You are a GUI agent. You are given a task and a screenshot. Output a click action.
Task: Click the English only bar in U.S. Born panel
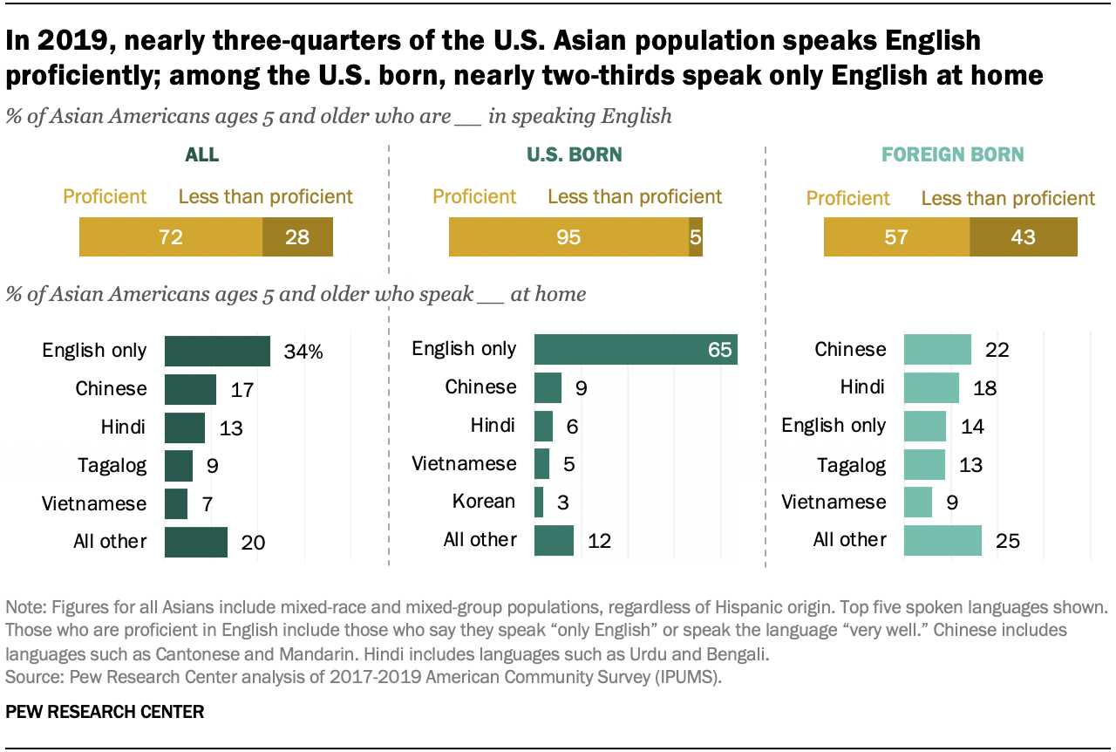click(636, 350)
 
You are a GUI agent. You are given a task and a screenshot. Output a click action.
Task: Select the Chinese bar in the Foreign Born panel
click(937, 350)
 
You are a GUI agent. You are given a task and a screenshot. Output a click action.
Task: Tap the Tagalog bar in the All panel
click(178, 466)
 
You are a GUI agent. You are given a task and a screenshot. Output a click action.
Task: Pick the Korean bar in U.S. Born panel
click(539, 502)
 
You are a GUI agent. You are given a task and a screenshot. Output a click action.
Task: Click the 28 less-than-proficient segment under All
click(297, 237)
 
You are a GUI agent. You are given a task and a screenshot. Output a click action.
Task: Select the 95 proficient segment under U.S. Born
click(568, 237)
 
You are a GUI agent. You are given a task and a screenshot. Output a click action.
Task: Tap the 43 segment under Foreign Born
click(1024, 237)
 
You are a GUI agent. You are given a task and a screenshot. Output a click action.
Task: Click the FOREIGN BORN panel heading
click(952, 155)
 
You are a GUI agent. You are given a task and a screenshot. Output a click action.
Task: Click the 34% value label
click(303, 352)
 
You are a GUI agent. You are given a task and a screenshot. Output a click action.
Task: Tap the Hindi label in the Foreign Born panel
click(863, 387)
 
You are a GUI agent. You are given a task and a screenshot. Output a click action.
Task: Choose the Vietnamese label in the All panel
click(95, 503)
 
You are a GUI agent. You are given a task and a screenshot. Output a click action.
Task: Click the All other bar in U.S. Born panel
click(554, 541)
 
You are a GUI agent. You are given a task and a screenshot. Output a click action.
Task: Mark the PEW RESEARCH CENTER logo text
click(105, 712)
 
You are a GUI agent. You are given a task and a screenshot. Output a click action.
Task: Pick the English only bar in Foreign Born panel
click(925, 426)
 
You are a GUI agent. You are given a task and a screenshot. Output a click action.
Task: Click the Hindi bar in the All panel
click(184, 427)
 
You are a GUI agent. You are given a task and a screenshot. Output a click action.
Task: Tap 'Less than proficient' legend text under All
click(266, 196)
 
